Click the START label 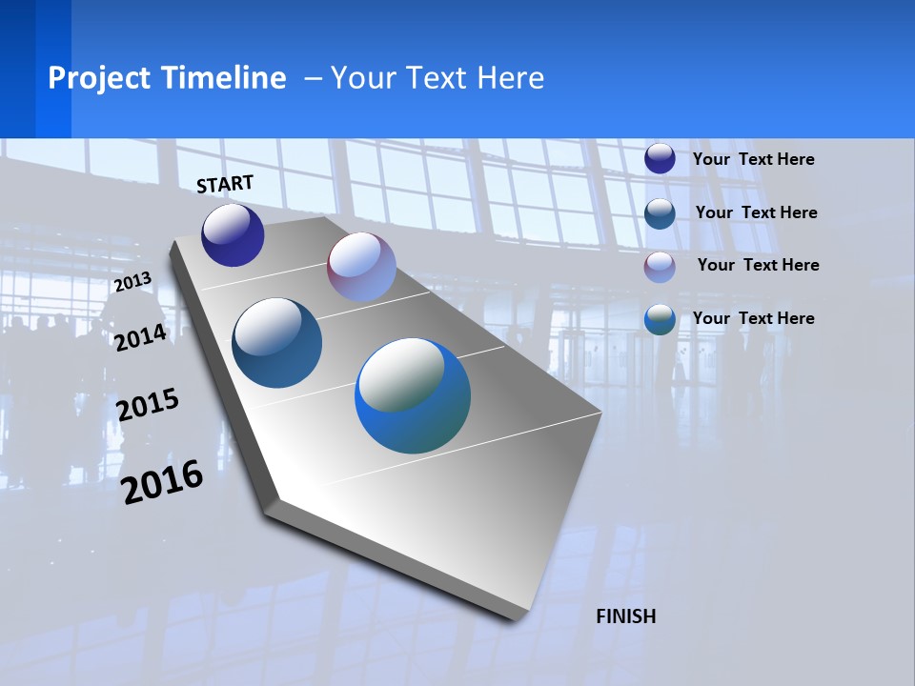(x=225, y=184)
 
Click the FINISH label (x=626, y=616)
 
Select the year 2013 (x=132, y=282)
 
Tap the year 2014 (x=141, y=337)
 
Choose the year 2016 (x=163, y=481)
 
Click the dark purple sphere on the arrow (x=233, y=235)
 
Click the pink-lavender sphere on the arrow (x=361, y=267)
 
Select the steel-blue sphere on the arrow (x=277, y=343)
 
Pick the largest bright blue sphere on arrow (x=413, y=395)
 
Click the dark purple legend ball (x=660, y=158)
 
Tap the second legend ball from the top (x=660, y=212)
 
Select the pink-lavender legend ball (x=660, y=266)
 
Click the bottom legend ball (x=660, y=319)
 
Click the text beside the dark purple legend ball (x=753, y=159)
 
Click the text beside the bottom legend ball (x=753, y=318)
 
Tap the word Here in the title (x=510, y=78)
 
